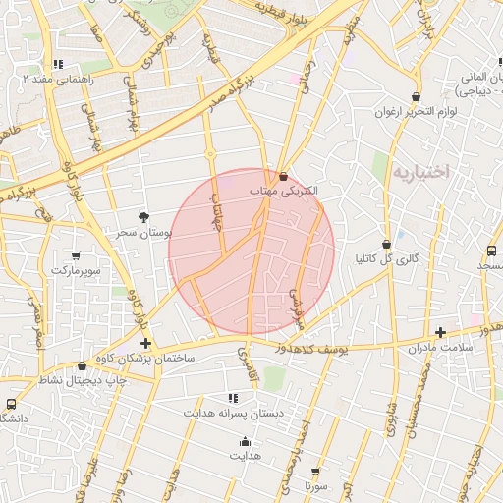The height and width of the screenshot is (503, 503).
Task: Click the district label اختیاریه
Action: (420, 172)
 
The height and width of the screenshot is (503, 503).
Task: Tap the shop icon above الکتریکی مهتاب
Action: (284, 178)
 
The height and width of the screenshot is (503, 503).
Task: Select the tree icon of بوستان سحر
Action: (144, 216)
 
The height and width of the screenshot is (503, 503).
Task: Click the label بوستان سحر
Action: (143, 234)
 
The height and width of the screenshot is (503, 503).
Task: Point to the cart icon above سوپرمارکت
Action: (77, 253)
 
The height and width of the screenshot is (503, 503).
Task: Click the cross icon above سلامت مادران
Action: (440, 333)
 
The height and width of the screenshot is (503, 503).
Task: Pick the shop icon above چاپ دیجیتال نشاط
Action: (82, 365)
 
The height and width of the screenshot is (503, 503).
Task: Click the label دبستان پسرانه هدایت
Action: (233, 414)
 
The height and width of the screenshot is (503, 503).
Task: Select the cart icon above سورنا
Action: (315, 472)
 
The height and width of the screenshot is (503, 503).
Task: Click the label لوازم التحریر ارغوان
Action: (418, 112)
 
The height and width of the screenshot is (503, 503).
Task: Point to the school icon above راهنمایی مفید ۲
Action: (58, 64)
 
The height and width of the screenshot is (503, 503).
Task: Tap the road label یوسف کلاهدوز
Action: (307, 347)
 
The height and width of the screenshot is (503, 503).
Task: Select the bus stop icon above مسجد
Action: (491, 251)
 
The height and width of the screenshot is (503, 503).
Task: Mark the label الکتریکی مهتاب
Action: (285, 194)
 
